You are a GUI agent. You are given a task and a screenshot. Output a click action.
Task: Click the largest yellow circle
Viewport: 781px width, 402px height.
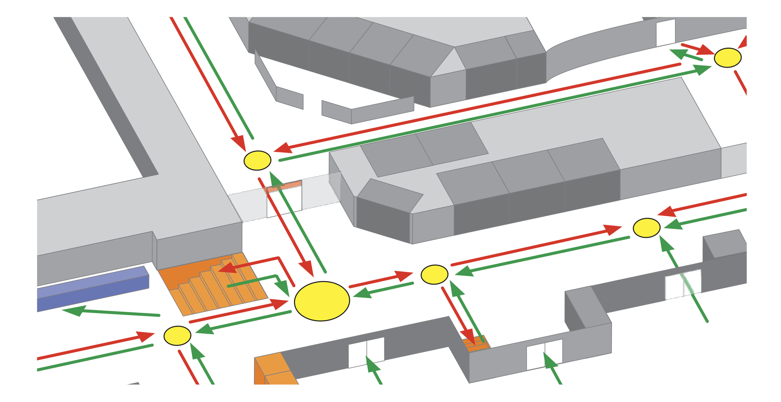[322, 301]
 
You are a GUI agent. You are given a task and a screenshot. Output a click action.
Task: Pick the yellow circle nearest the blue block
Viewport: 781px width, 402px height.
[177, 336]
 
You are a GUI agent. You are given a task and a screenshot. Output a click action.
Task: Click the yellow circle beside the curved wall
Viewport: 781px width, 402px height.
[728, 58]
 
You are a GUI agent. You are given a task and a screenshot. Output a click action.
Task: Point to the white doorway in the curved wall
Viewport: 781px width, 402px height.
[665, 33]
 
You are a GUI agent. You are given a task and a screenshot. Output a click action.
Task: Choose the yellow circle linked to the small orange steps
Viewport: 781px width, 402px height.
[434, 274]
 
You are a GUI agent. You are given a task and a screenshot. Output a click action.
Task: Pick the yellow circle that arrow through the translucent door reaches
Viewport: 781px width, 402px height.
[646, 228]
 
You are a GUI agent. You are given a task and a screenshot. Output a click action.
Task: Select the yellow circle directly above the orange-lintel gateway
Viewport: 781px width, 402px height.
[257, 161]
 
